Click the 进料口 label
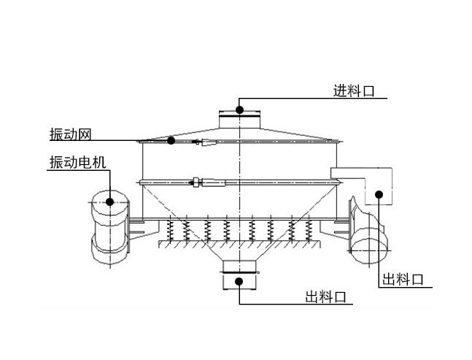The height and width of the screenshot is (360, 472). [x=354, y=91]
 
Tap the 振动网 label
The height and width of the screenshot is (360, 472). [x=70, y=133]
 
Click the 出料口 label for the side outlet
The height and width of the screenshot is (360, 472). [x=403, y=279]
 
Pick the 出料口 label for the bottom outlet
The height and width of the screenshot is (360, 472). [x=325, y=297]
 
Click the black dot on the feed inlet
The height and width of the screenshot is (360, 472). [x=239, y=110]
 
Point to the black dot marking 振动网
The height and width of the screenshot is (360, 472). [x=171, y=140]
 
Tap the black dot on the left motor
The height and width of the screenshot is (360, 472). [x=109, y=202]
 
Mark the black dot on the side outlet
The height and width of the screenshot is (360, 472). [x=379, y=194]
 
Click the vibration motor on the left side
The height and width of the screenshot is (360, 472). [x=108, y=226]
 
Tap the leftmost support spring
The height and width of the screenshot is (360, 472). [x=169, y=229]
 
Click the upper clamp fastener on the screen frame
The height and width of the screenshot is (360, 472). [x=206, y=143]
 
